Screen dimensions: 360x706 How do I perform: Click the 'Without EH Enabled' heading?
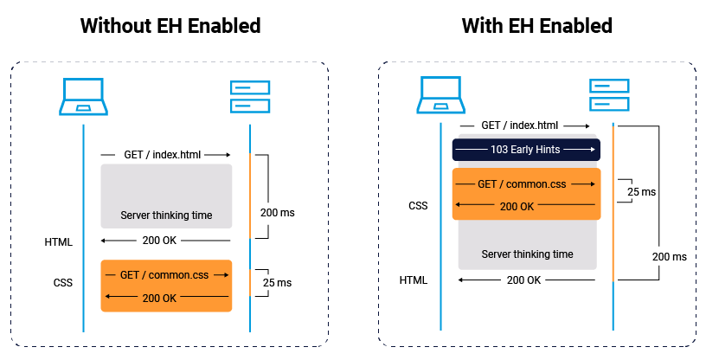(x=170, y=26)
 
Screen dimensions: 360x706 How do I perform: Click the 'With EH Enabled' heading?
(x=536, y=26)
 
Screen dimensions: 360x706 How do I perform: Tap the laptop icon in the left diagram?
(x=83, y=97)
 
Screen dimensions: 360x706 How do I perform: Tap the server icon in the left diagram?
(x=250, y=97)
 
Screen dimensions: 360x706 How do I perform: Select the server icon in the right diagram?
(x=610, y=94)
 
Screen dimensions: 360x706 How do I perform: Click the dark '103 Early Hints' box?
(x=525, y=150)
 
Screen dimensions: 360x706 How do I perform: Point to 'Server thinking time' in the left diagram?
(x=166, y=215)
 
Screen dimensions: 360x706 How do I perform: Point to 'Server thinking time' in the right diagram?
(x=527, y=254)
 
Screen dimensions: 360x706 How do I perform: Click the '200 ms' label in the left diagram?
(x=277, y=212)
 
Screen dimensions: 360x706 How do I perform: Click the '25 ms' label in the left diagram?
(x=277, y=283)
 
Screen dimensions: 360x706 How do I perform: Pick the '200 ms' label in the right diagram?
(x=669, y=257)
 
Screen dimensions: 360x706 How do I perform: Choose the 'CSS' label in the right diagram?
(x=418, y=206)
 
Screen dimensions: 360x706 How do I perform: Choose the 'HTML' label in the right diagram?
(x=414, y=280)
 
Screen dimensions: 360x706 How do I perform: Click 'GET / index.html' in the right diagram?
(x=520, y=125)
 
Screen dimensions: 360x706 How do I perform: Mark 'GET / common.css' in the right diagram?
(x=525, y=184)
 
